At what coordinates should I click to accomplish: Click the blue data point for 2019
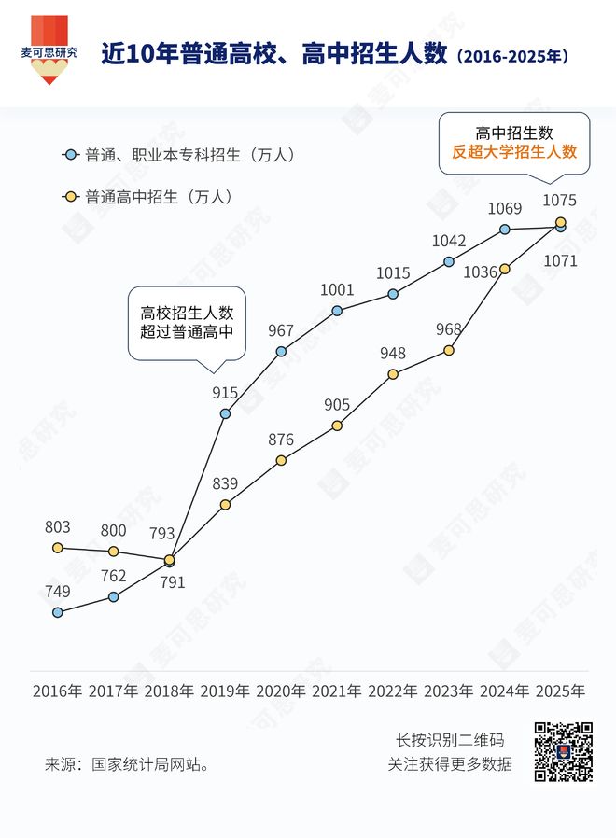(x=225, y=413)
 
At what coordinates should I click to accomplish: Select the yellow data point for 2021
(x=337, y=426)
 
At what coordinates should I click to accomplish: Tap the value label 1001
(x=337, y=290)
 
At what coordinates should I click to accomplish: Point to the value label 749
(x=58, y=591)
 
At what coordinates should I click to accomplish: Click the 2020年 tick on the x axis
(x=281, y=691)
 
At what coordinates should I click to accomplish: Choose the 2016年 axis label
(x=58, y=691)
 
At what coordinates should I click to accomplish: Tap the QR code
(x=563, y=751)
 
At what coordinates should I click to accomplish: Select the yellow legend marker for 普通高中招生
(x=68, y=197)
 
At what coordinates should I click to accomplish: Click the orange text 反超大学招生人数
(x=514, y=152)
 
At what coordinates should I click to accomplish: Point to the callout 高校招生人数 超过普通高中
(x=187, y=322)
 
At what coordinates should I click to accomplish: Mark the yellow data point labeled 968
(x=449, y=350)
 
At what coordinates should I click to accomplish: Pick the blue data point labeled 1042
(x=449, y=261)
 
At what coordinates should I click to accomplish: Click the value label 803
(x=58, y=527)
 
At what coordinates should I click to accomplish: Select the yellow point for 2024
(x=505, y=269)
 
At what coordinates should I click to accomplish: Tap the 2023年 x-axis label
(x=449, y=691)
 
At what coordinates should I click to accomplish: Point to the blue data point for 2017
(x=114, y=596)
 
